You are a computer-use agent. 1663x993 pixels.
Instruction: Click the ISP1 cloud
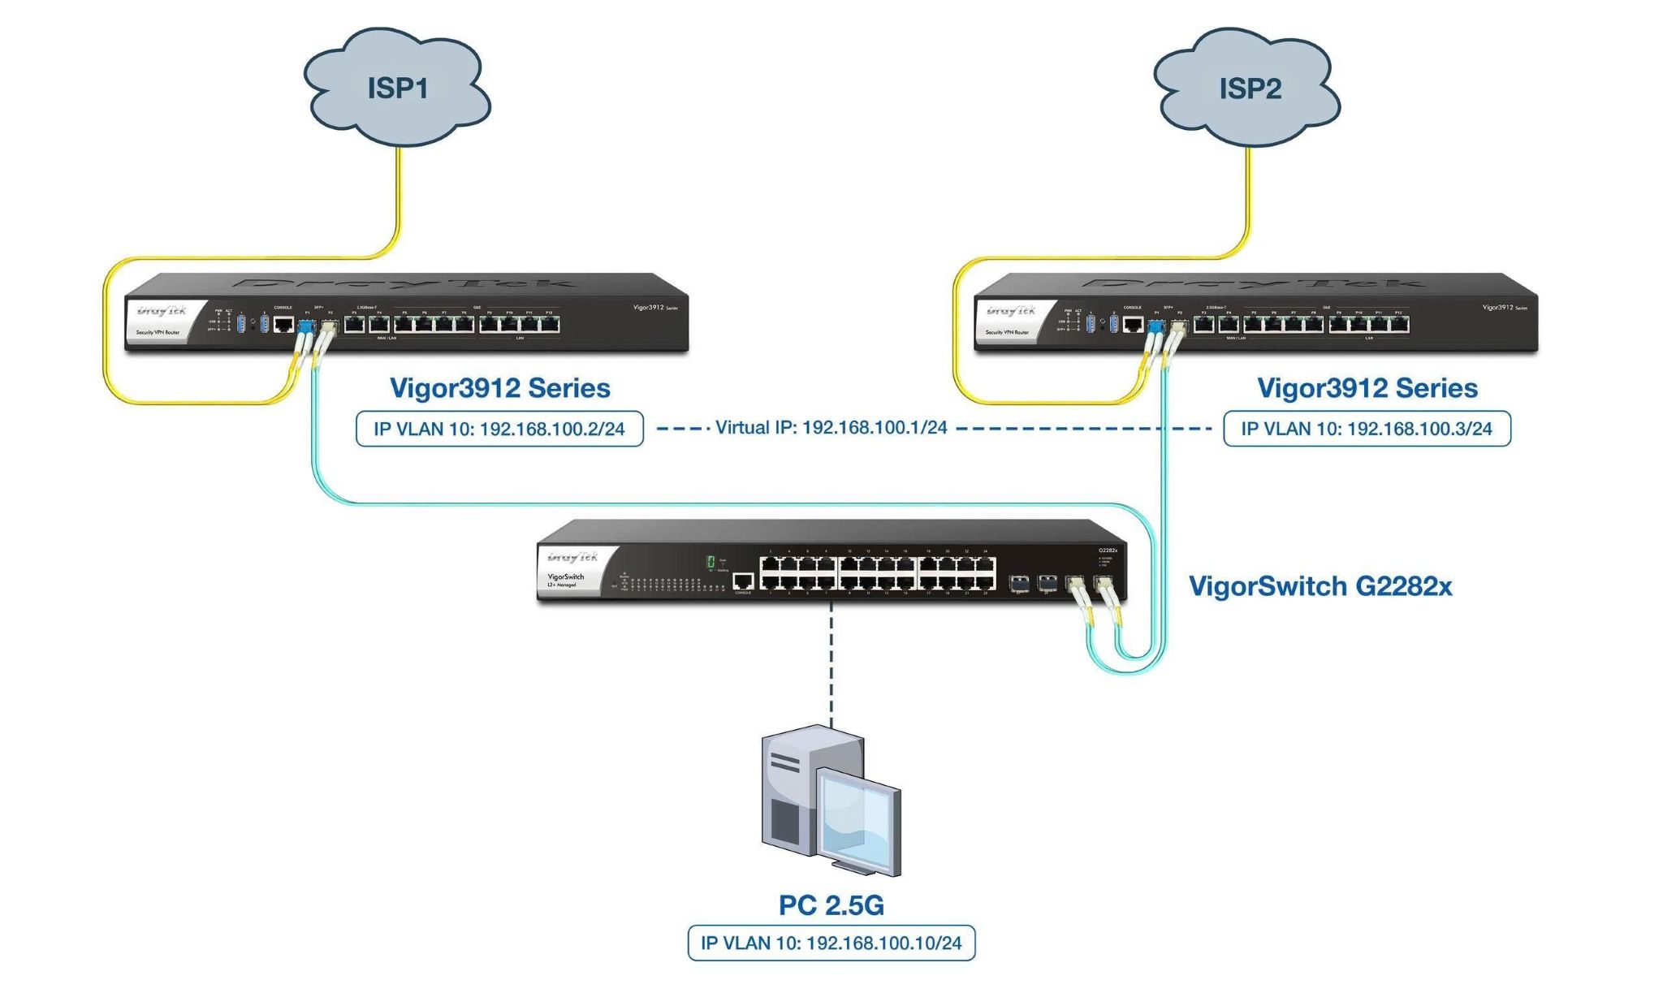click(x=397, y=88)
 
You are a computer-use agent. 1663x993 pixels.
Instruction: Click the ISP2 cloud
click(x=1248, y=88)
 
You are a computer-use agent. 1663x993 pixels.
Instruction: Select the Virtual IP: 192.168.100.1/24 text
click(x=831, y=428)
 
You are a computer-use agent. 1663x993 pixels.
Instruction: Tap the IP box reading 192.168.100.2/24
click(x=499, y=429)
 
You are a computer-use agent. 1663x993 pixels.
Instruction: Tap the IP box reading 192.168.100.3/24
click(x=1367, y=429)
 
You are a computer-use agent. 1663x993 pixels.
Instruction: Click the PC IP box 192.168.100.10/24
click(x=831, y=943)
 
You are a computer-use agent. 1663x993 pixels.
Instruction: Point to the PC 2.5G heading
click(x=831, y=904)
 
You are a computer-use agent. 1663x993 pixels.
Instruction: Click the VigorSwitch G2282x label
click(x=1320, y=585)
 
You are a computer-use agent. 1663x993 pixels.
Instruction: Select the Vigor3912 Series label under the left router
click(x=499, y=388)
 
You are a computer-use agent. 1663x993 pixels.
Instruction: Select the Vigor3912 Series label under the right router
click(x=1367, y=388)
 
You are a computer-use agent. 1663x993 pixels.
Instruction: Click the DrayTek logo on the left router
click(x=162, y=311)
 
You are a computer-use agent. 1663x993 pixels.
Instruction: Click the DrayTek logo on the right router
click(x=1011, y=311)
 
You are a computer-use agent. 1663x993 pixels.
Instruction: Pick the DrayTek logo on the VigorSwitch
click(x=572, y=557)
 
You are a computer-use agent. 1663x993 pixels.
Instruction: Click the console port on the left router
click(x=283, y=325)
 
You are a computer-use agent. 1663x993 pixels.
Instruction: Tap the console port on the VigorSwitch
click(x=743, y=581)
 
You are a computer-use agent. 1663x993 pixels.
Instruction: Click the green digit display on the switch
click(x=711, y=562)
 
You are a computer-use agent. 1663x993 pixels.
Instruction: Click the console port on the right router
click(x=1133, y=325)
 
